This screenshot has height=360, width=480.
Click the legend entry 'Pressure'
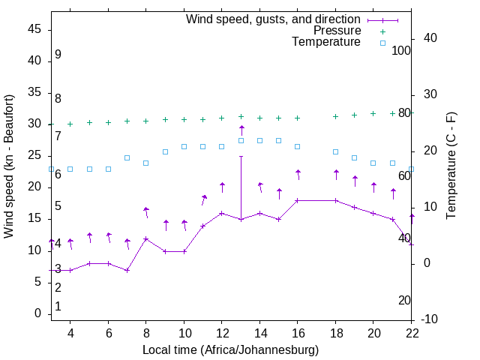pyautogui.click(x=337, y=31)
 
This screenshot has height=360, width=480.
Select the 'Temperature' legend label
pyautogui.click(x=326, y=42)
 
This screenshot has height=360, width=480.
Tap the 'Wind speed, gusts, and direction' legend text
pyautogui.click(x=273, y=19)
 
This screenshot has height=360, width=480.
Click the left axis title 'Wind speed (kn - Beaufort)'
pyautogui.click(x=9, y=166)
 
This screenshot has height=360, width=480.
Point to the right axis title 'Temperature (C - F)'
pyautogui.click(x=451, y=166)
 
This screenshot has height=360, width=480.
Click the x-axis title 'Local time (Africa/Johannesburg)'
pyautogui.click(x=231, y=349)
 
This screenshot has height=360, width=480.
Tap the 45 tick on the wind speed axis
pyautogui.click(x=34, y=29)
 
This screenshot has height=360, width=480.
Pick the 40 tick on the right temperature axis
pyautogui.click(x=430, y=38)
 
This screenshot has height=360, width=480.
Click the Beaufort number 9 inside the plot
pyautogui.click(x=58, y=55)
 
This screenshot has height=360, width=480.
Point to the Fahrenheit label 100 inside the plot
pyautogui.click(x=401, y=50)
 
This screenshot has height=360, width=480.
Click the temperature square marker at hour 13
pyautogui.click(x=241, y=140)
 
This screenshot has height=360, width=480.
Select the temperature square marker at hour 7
pyautogui.click(x=127, y=157)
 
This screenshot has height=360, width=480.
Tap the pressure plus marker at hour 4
pyautogui.click(x=70, y=124)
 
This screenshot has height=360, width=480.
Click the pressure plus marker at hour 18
pyautogui.click(x=336, y=116)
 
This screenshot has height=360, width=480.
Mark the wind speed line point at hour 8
pyautogui.click(x=146, y=238)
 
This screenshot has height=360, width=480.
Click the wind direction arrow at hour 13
pyautogui.click(x=241, y=130)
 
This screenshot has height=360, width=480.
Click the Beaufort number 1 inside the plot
pyautogui.click(x=58, y=306)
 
